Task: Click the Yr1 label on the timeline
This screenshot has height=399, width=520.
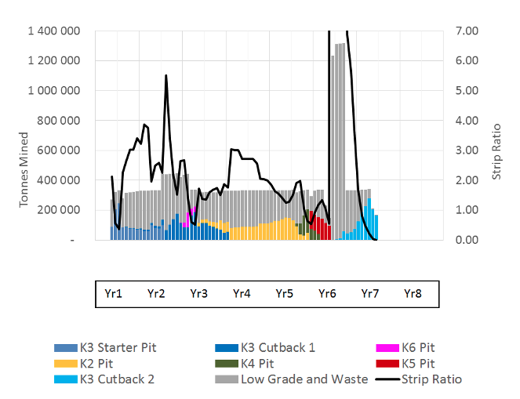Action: (x=113, y=294)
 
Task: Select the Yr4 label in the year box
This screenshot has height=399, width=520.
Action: (x=242, y=294)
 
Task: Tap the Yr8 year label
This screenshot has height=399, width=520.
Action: (x=412, y=294)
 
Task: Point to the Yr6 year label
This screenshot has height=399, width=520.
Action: (x=327, y=294)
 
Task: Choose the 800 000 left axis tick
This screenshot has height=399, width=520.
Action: (x=62, y=121)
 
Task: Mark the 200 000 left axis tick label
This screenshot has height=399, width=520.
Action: (x=62, y=210)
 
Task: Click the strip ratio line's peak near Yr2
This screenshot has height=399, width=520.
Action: (x=166, y=76)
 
